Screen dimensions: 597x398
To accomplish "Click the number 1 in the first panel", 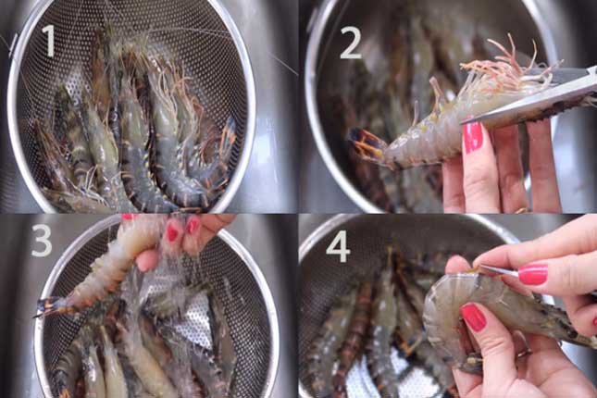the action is pos(49,41).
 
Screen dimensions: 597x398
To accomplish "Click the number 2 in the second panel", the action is pos(350,43).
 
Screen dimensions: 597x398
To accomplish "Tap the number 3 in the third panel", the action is pos(42,241).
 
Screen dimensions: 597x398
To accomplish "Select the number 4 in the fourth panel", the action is pos(338,246).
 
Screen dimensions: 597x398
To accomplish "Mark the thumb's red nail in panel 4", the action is pos(473,317).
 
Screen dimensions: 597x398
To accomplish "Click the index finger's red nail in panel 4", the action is pos(533,274).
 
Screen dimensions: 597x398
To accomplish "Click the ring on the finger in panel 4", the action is pos(524,353).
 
